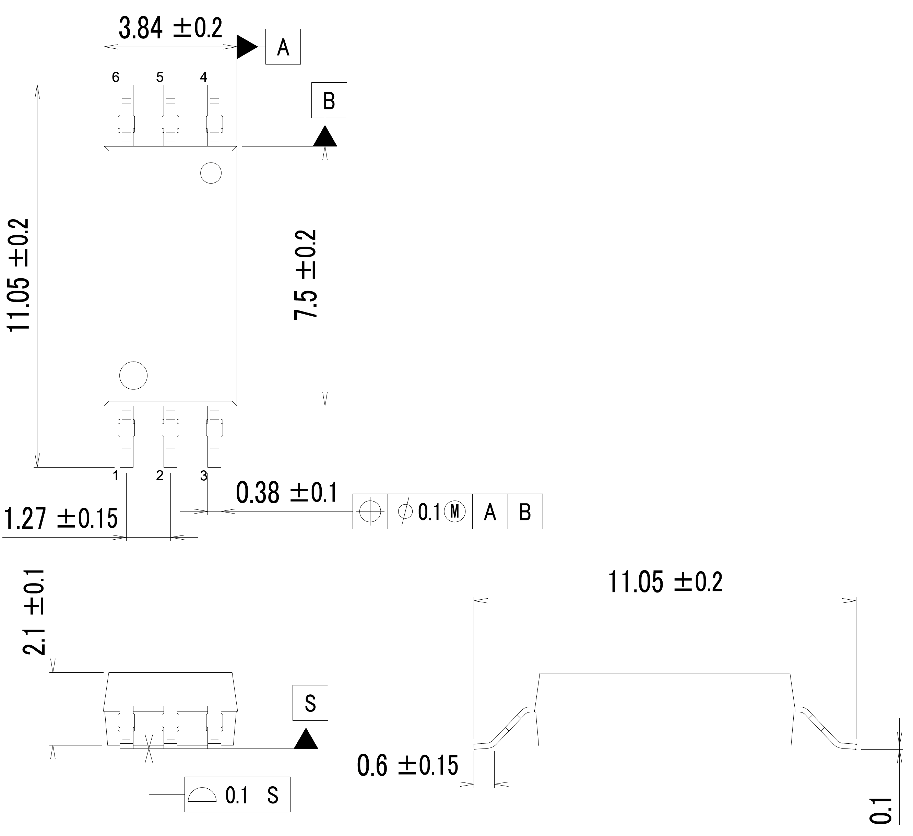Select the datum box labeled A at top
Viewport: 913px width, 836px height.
283,47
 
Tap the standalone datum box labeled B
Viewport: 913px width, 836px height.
329,100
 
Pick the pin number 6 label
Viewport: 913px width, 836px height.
116,78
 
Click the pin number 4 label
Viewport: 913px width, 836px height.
203,78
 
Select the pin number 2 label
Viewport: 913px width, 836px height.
159,475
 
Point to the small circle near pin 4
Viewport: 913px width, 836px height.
211,173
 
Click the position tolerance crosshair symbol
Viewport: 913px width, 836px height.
370,512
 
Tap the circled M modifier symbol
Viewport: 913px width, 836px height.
455,512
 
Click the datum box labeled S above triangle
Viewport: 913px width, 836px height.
310,703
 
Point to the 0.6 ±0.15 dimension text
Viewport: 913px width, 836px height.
407,765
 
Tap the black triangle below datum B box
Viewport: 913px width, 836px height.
325,137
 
